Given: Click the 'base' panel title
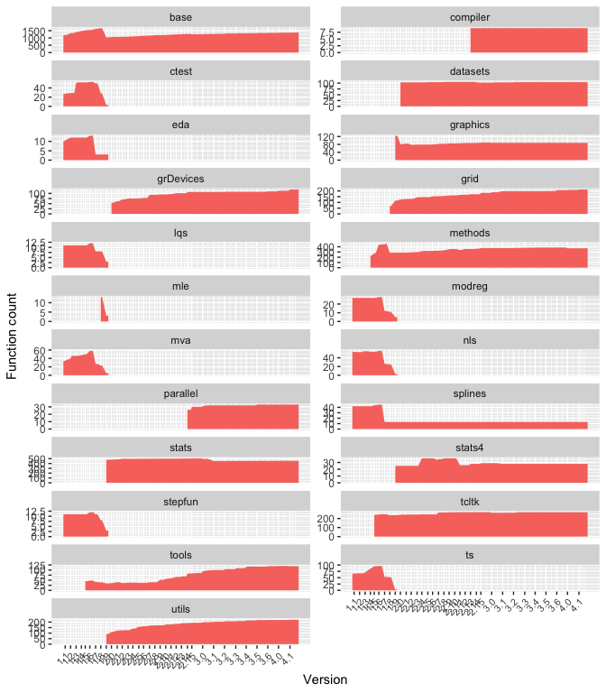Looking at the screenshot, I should click(x=180, y=16).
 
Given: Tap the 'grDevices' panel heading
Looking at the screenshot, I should click(x=180, y=179).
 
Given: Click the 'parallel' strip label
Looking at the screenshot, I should click(x=180, y=393).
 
